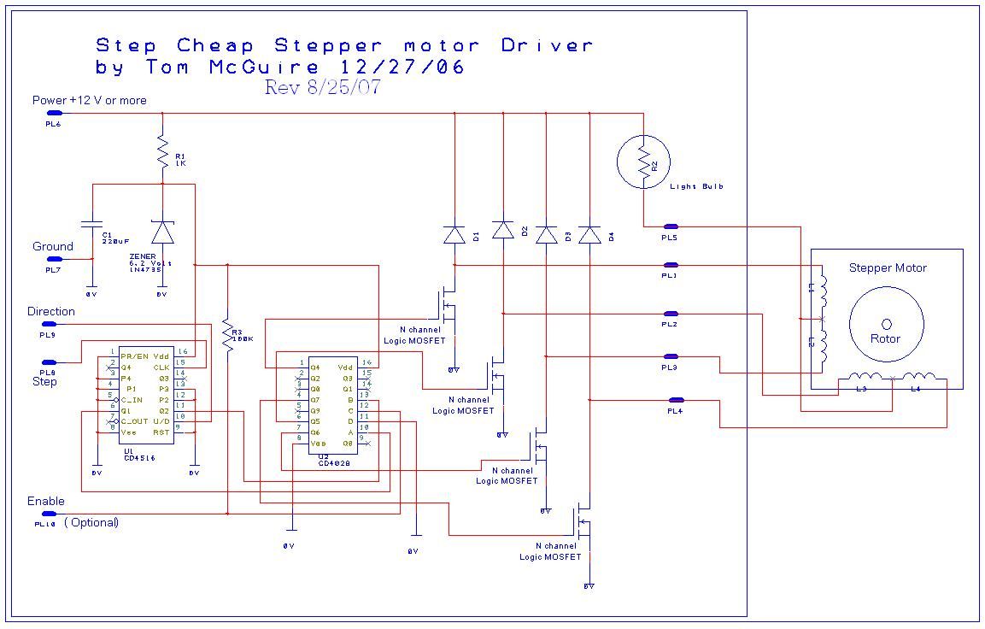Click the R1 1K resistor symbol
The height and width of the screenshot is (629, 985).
click(161, 155)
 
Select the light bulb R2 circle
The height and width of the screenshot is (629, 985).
click(643, 162)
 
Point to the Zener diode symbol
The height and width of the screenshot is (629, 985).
click(161, 232)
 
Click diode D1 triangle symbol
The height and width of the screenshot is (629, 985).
click(454, 234)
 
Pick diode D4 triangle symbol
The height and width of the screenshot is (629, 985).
click(589, 234)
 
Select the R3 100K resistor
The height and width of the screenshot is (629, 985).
click(227, 334)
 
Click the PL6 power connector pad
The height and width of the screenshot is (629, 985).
click(53, 113)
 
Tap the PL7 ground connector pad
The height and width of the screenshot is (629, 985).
click(53, 258)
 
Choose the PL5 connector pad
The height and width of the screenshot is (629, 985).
click(670, 226)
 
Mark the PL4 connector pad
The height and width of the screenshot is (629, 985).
click(676, 399)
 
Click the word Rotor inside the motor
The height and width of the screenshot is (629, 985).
click(885, 338)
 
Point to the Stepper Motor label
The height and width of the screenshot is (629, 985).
click(888, 267)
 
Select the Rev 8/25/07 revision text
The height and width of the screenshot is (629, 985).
click(322, 87)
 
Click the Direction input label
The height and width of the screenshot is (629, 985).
click(51, 312)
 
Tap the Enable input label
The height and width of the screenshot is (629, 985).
click(46, 501)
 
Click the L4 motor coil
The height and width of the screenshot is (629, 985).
click(919, 378)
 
